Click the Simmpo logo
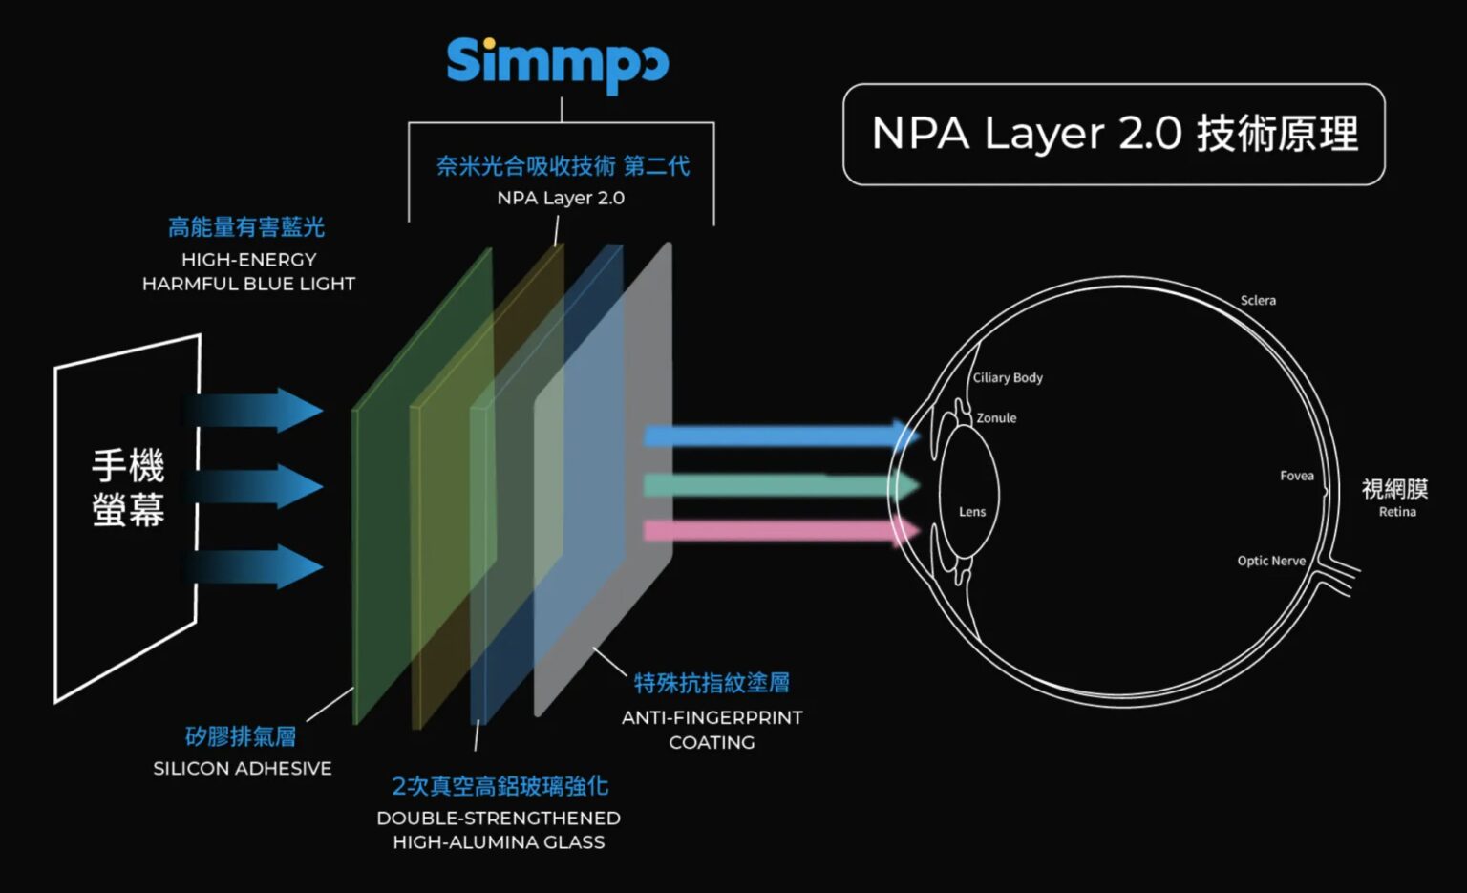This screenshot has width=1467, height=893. [x=558, y=63]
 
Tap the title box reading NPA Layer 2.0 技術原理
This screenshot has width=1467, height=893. [x=1114, y=134]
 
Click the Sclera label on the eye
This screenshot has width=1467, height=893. [x=1258, y=300]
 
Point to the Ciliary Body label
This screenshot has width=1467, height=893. [x=1008, y=377]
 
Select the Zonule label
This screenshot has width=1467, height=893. [x=996, y=418]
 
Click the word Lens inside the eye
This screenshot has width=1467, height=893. [x=972, y=512]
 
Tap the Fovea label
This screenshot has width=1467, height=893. [x=1297, y=476]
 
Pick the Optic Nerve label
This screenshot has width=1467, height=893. [x=1271, y=561]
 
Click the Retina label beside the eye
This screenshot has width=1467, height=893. [x=1396, y=512]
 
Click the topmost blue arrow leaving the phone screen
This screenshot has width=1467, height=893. [x=258, y=411]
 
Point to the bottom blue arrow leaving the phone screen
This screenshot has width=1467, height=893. [x=258, y=567]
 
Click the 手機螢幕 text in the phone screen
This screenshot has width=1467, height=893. [x=128, y=488]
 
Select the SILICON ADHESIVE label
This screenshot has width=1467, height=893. [x=243, y=768]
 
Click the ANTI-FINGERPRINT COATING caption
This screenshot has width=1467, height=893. [x=712, y=730]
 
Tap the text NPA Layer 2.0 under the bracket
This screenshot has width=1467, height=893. [x=561, y=198]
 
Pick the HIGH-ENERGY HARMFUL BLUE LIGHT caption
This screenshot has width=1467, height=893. [x=248, y=271]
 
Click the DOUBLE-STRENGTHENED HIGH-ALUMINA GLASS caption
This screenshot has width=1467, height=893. [x=499, y=830]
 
